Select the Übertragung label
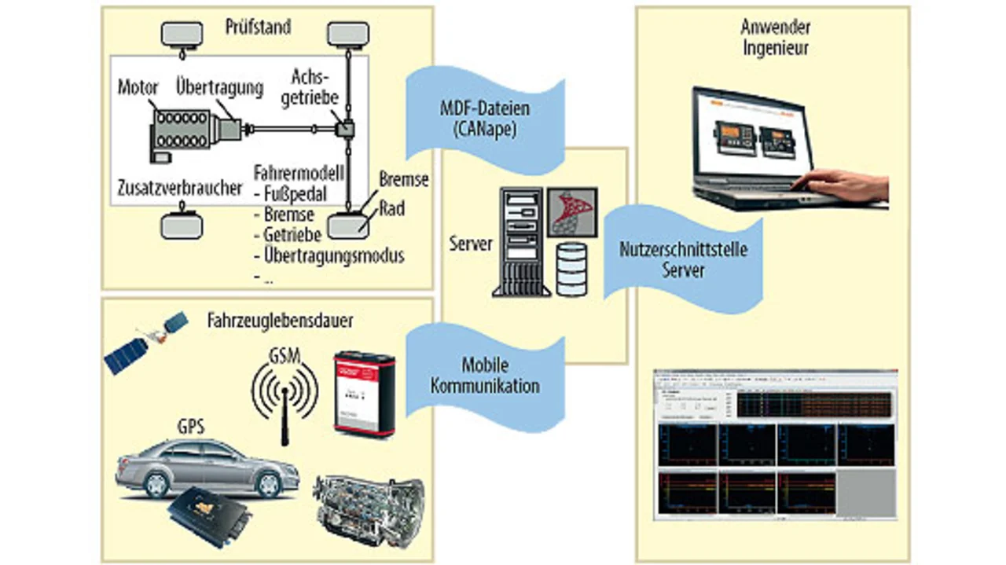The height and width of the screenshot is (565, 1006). click(x=219, y=88)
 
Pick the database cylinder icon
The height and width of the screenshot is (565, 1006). click(x=571, y=269)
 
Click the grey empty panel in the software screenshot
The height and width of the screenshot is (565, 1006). click(x=866, y=496)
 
